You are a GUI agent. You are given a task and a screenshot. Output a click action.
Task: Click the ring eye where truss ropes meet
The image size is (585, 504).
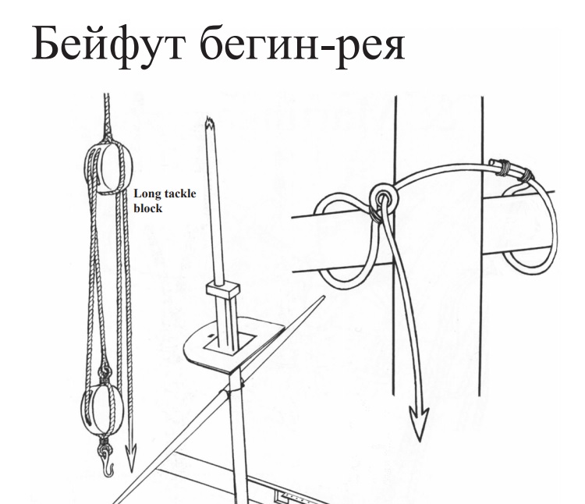(x=382, y=197)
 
